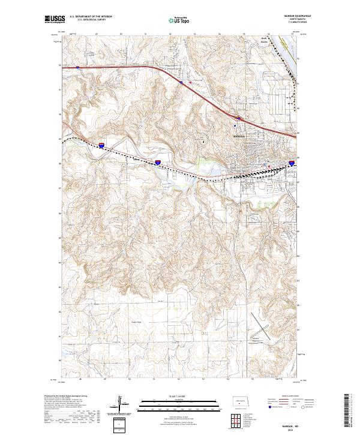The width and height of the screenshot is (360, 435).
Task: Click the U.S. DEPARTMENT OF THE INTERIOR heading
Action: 90,17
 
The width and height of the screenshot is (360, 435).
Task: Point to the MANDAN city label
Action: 239,136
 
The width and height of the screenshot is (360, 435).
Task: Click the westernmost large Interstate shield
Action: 103,145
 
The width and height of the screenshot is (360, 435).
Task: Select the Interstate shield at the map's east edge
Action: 292,162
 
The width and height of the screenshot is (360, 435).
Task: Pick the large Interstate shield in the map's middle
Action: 158,162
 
